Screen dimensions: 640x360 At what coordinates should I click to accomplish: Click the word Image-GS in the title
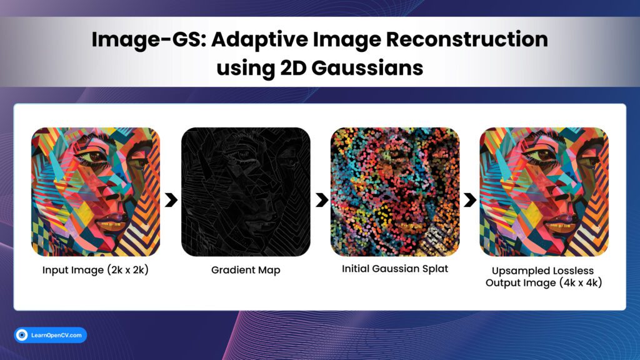pos(149,40)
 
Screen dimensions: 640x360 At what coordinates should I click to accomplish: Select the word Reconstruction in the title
pos(467,39)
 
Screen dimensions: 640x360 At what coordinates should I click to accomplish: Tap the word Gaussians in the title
pos(367,67)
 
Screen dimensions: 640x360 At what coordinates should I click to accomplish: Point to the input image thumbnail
pos(96,192)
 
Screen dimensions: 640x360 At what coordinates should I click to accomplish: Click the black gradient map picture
pos(246,192)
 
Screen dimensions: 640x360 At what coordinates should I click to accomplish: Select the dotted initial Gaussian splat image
pos(395,192)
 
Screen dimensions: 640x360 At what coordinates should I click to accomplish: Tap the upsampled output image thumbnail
pos(544,192)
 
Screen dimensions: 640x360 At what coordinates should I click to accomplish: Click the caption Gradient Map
pos(246,270)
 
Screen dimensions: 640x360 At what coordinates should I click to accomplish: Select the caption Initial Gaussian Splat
pos(395,269)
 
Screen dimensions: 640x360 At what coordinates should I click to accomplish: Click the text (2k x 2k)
pos(127,270)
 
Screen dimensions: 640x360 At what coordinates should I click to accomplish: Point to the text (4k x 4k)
pos(581,282)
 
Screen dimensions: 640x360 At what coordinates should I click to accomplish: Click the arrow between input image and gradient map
pos(171,199)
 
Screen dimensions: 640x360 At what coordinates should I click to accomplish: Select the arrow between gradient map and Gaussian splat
pos(322,199)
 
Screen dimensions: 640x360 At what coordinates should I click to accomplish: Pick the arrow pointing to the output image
pos(470,199)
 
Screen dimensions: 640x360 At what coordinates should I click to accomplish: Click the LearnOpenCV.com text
pos(56,335)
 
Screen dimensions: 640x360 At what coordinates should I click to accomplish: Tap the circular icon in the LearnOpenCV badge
pos(22,335)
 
